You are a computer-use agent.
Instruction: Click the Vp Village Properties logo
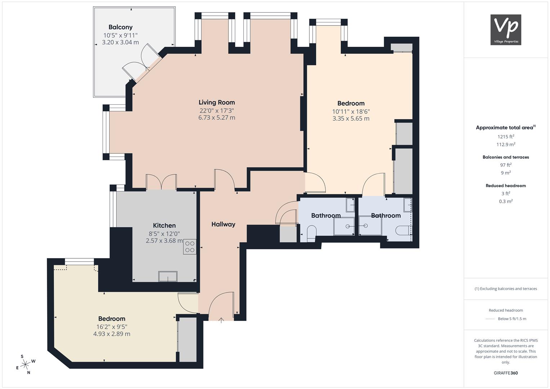[506, 30]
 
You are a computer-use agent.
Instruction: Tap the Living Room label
[216, 102]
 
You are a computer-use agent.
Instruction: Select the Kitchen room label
[164, 225]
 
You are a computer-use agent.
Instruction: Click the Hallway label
[223, 224]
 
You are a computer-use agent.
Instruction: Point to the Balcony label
[120, 27]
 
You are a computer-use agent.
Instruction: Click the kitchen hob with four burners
[190, 247]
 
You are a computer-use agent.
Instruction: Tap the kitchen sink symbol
[168, 276]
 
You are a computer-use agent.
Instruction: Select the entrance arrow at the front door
[221, 320]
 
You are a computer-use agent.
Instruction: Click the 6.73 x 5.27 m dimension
[216, 118]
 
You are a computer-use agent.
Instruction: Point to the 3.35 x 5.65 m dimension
[351, 119]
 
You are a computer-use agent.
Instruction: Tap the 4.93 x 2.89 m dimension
[112, 334]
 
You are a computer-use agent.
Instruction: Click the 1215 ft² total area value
[506, 137]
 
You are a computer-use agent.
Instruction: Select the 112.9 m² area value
[506, 144]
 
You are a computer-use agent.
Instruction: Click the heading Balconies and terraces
[506, 157]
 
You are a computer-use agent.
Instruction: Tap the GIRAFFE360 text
[506, 373]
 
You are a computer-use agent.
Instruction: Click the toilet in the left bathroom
[312, 233]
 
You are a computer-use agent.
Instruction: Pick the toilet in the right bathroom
[402, 231]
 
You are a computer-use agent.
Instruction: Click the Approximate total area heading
[506, 128]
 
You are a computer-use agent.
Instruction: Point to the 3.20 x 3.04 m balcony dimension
[120, 42]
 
